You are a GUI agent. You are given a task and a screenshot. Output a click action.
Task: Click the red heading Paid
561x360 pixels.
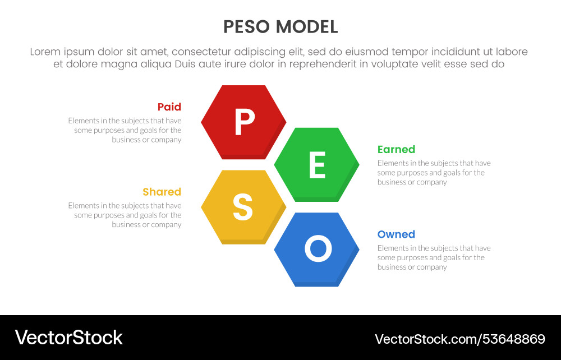coord(169,107)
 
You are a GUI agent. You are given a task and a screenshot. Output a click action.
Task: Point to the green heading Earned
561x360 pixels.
coord(396,150)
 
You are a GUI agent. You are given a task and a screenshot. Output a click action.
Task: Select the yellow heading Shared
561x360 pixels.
coord(162,192)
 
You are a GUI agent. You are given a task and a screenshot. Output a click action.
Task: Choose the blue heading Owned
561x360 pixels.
coord(396,234)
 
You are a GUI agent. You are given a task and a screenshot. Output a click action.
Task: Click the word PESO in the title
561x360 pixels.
coord(247,27)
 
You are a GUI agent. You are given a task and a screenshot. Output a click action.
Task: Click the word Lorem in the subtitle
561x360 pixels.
coord(47,52)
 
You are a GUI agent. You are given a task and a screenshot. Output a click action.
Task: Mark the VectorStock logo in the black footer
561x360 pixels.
coord(68,338)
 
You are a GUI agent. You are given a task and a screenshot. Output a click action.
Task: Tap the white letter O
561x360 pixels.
coord(318,248)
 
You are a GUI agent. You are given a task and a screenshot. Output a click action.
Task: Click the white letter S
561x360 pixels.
coord(242,207)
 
